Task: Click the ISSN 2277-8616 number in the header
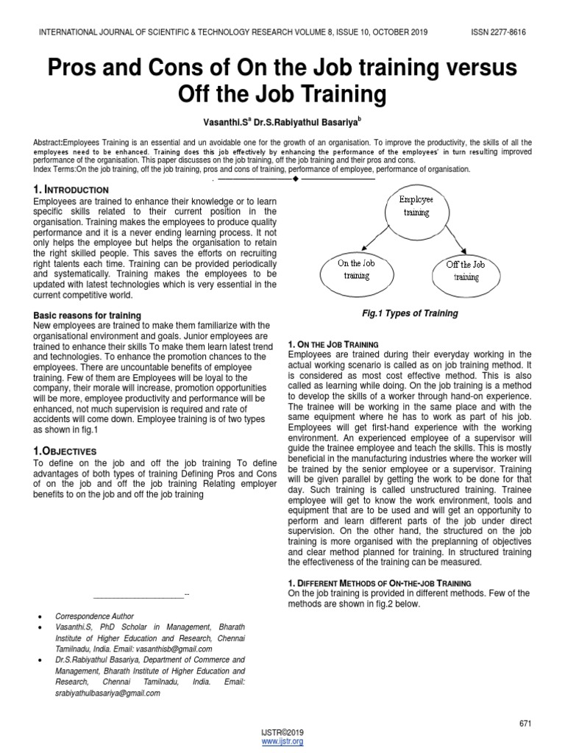coord(497,33)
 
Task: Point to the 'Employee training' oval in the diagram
coord(416,206)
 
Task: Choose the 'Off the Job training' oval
coord(466,270)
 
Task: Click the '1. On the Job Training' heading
coord(333,344)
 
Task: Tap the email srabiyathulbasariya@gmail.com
coord(107,693)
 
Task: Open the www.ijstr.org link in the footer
coord(282,741)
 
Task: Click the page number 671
coord(525,724)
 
